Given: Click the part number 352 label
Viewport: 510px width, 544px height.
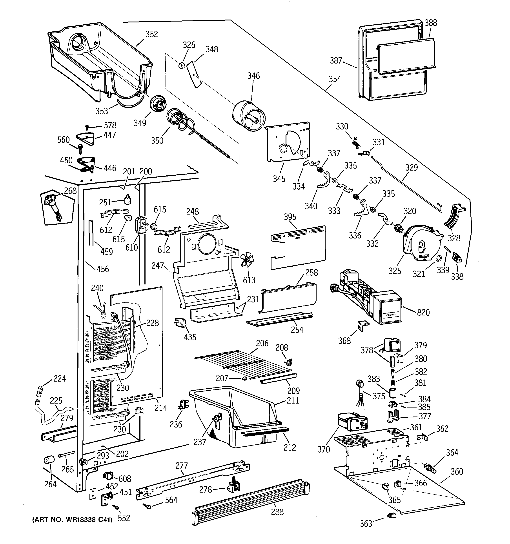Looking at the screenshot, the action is pyautogui.click(x=152, y=34).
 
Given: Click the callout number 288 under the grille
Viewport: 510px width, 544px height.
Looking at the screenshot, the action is pyautogui.click(x=277, y=512).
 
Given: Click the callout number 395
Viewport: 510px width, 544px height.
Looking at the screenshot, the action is pyautogui.click(x=290, y=217).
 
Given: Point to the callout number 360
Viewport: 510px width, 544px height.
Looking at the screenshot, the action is pyautogui.click(x=457, y=471).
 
